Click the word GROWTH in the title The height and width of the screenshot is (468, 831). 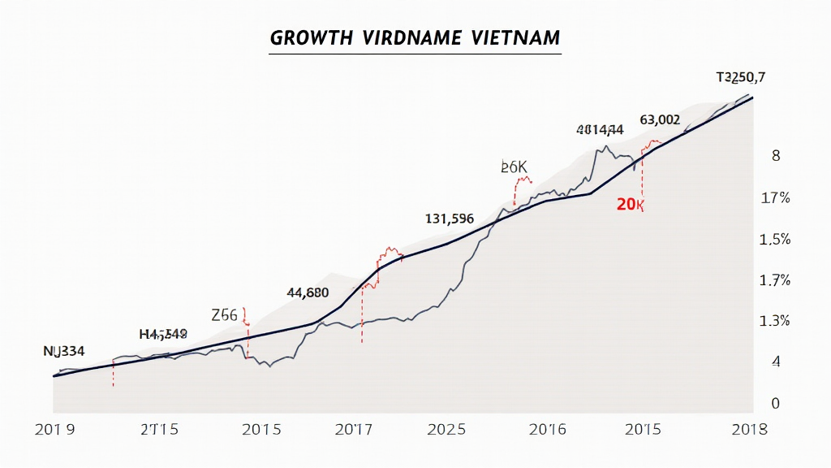click(x=311, y=38)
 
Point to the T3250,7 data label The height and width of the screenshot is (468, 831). click(x=741, y=78)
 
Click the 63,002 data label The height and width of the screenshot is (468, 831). click(x=660, y=119)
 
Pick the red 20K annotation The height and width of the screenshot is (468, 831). click(x=630, y=205)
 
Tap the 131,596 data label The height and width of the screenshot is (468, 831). click(x=450, y=219)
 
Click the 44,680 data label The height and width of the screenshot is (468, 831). click(x=308, y=292)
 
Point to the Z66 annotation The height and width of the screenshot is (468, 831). click(x=224, y=316)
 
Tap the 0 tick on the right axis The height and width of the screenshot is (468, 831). click(x=775, y=403)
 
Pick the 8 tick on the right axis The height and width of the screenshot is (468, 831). click(x=776, y=156)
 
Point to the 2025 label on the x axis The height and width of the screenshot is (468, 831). click(x=446, y=429)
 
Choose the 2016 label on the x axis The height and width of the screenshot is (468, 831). click(x=553, y=429)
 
